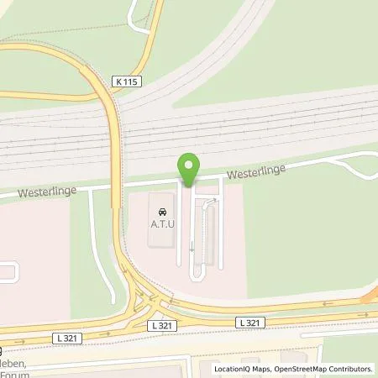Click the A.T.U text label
162,224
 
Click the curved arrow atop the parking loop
213,201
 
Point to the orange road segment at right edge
370,296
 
